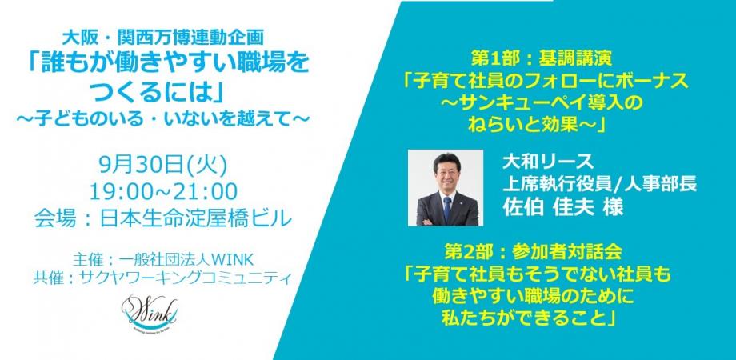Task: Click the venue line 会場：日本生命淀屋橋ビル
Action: (x=162, y=218)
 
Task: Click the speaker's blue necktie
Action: (x=447, y=210)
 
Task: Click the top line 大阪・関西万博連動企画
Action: (x=162, y=38)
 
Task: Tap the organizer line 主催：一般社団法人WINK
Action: (x=162, y=259)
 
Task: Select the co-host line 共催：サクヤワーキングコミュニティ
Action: (x=162, y=277)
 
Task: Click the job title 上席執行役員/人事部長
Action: (x=599, y=184)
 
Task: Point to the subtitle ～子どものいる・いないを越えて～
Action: (x=162, y=117)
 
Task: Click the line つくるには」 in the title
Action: (x=162, y=91)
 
